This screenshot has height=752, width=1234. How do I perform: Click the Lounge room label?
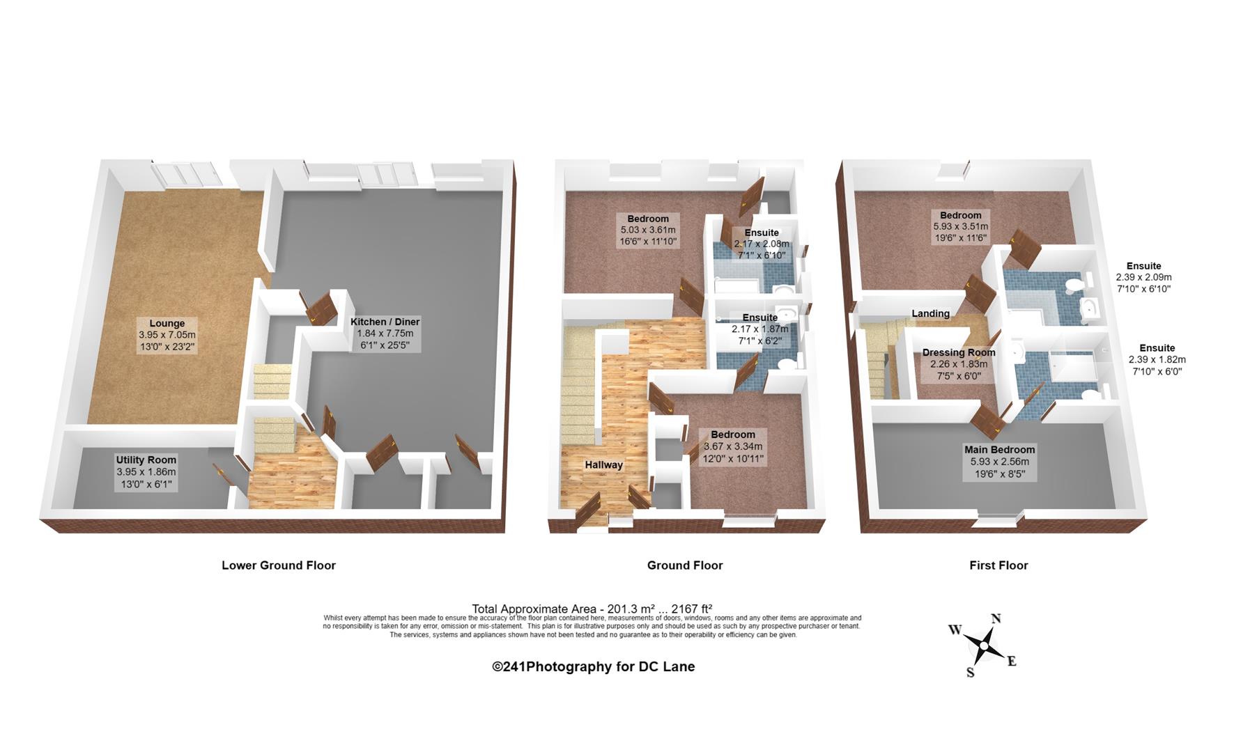coord(167,323)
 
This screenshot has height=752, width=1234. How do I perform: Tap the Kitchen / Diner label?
coord(385,322)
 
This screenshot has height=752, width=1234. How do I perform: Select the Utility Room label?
coord(146,460)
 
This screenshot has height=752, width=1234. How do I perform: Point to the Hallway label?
coord(604,464)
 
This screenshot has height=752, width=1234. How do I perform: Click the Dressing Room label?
coord(959,352)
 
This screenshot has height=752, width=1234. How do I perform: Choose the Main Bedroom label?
coord(1000,449)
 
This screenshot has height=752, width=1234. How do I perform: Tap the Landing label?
coord(931,313)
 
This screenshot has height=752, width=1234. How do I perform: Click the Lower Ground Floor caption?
coord(279,565)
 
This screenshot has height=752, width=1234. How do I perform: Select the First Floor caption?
coord(998,565)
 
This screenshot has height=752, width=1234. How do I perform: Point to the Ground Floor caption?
coord(685,565)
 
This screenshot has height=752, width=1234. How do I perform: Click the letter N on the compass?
coord(996,618)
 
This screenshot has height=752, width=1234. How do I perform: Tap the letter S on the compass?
coord(970,673)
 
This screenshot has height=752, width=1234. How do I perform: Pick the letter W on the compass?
coord(955,630)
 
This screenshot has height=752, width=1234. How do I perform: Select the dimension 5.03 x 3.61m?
coord(648,230)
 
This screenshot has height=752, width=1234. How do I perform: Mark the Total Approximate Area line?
coord(592,608)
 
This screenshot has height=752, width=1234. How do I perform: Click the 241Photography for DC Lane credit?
coord(594,666)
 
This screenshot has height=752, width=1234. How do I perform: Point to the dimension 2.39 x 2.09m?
coord(1144,277)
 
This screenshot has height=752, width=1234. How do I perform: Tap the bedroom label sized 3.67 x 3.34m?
coord(733,434)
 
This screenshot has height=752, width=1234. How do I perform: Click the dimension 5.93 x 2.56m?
coord(1000,462)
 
